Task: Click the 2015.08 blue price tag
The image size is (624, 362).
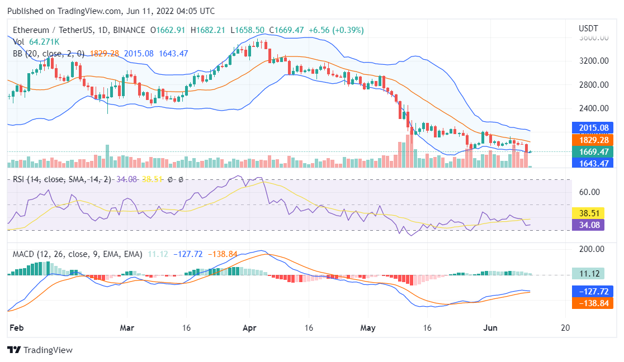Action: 594,128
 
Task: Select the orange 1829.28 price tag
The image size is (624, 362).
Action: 594,140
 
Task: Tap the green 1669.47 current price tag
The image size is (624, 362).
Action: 594,151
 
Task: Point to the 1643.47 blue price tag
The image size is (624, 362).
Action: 594,163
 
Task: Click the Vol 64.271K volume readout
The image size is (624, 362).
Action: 36,41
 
